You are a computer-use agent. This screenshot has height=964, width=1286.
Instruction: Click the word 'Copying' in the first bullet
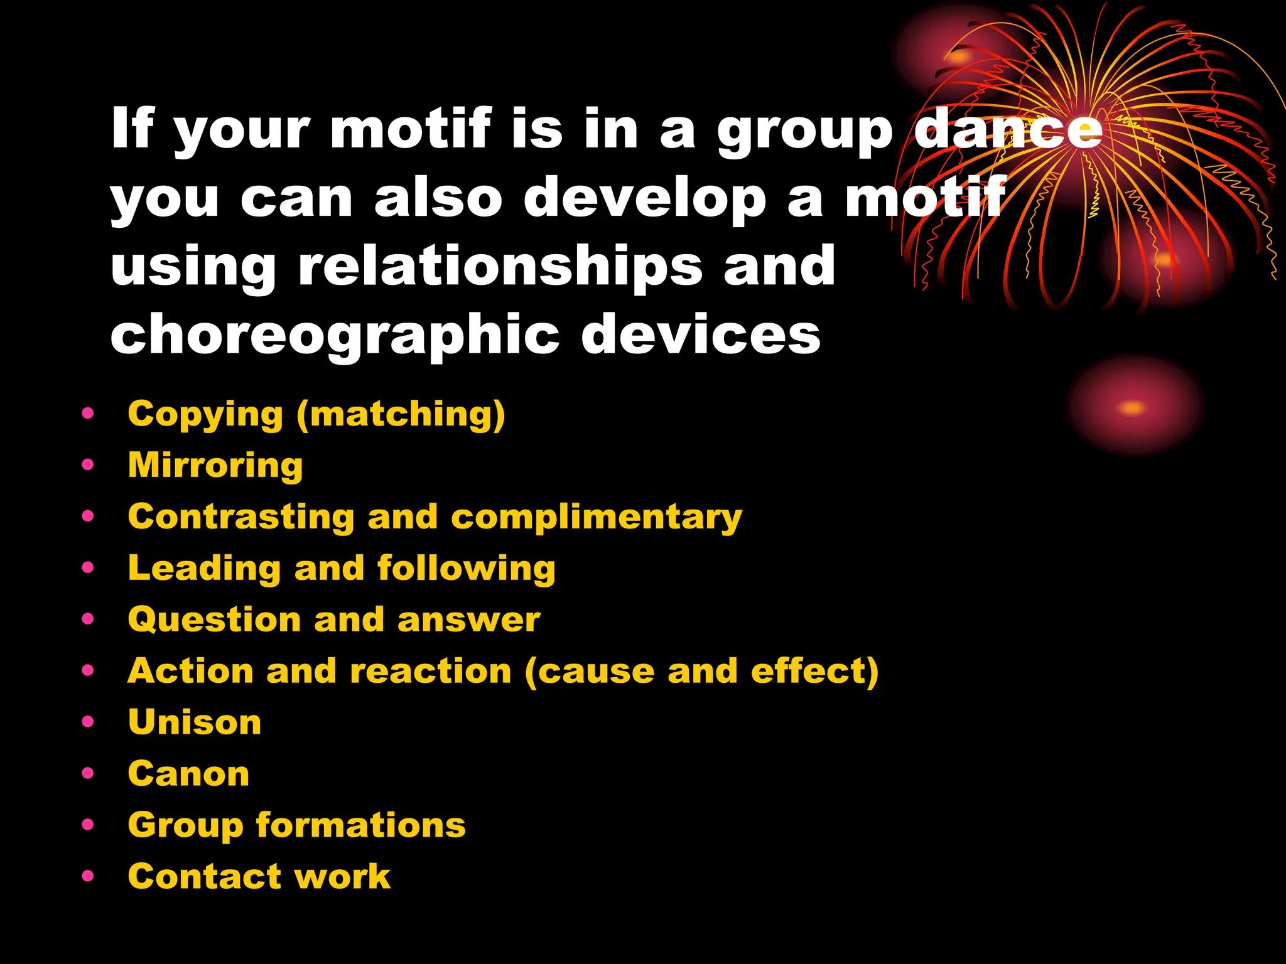[205, 415]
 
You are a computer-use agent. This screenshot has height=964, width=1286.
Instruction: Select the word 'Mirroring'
[215, 465]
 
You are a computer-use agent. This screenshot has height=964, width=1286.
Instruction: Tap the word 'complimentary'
[597, 517]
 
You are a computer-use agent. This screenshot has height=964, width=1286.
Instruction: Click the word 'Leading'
[204, 569]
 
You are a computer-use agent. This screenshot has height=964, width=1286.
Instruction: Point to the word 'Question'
[214, 620]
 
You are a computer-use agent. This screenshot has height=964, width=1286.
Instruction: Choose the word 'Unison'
[195, 722]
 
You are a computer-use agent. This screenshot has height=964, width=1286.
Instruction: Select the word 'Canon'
[188, 774]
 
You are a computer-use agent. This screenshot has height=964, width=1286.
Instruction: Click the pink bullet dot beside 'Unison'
[88, 722]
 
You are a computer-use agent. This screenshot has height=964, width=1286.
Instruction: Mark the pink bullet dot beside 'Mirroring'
[88, 465]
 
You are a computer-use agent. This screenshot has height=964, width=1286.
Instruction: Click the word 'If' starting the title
[132, 127]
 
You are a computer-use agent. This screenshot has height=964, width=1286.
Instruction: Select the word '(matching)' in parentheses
[401, 415]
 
